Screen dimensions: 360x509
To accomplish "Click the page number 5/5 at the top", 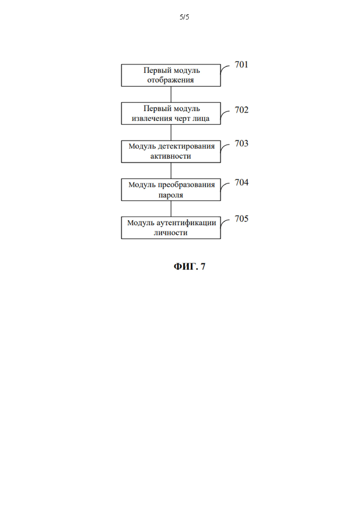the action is pyautogui.click(x=184, y=17).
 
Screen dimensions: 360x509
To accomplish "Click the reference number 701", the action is pyautogui.click(x=241, y=65).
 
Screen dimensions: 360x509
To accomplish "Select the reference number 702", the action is pyautogui.click(x=241, y=110).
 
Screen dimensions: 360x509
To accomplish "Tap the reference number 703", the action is pyautogui.click(x=241, y=144).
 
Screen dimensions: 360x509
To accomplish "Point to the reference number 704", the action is pyautogui.click(x=241, y=182).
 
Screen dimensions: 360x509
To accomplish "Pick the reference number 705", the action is pyautogui.click(x=241, y=219).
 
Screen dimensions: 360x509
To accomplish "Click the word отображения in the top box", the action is pyautogui.click(x=170, y=80).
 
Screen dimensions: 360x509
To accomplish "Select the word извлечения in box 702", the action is pyautogui.click(x=152, y=119).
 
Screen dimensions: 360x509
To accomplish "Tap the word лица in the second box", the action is pyautogui.click(x=201, y=119).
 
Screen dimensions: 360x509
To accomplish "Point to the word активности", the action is pyautogui.click(x=170, y=156).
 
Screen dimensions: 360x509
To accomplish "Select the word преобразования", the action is pyautogui.click(x=186, y=185).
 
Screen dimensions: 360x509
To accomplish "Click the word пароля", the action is pyautogui.click(x=170, y=195).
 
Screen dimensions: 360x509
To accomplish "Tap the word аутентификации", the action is pyautogui.click(x=186, y=223).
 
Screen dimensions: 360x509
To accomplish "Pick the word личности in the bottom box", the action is pyautogui.click(x=170, y=233).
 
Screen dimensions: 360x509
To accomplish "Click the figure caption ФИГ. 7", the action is pyautogui.click(x=190, y=267).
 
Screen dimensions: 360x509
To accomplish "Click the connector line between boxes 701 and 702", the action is pyautogui.click(x=171, y=95).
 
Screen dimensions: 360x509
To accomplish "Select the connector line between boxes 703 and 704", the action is pyautogui.click(x=171, y=170).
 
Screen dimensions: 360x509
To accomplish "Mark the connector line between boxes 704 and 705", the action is pyautogui.click(x=171, y=209).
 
